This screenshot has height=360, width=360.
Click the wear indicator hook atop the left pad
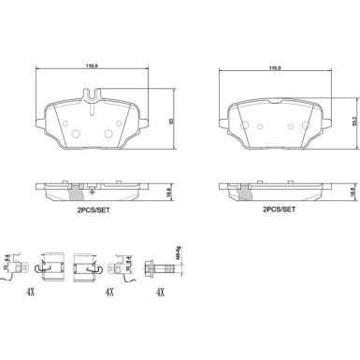point(90,94)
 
